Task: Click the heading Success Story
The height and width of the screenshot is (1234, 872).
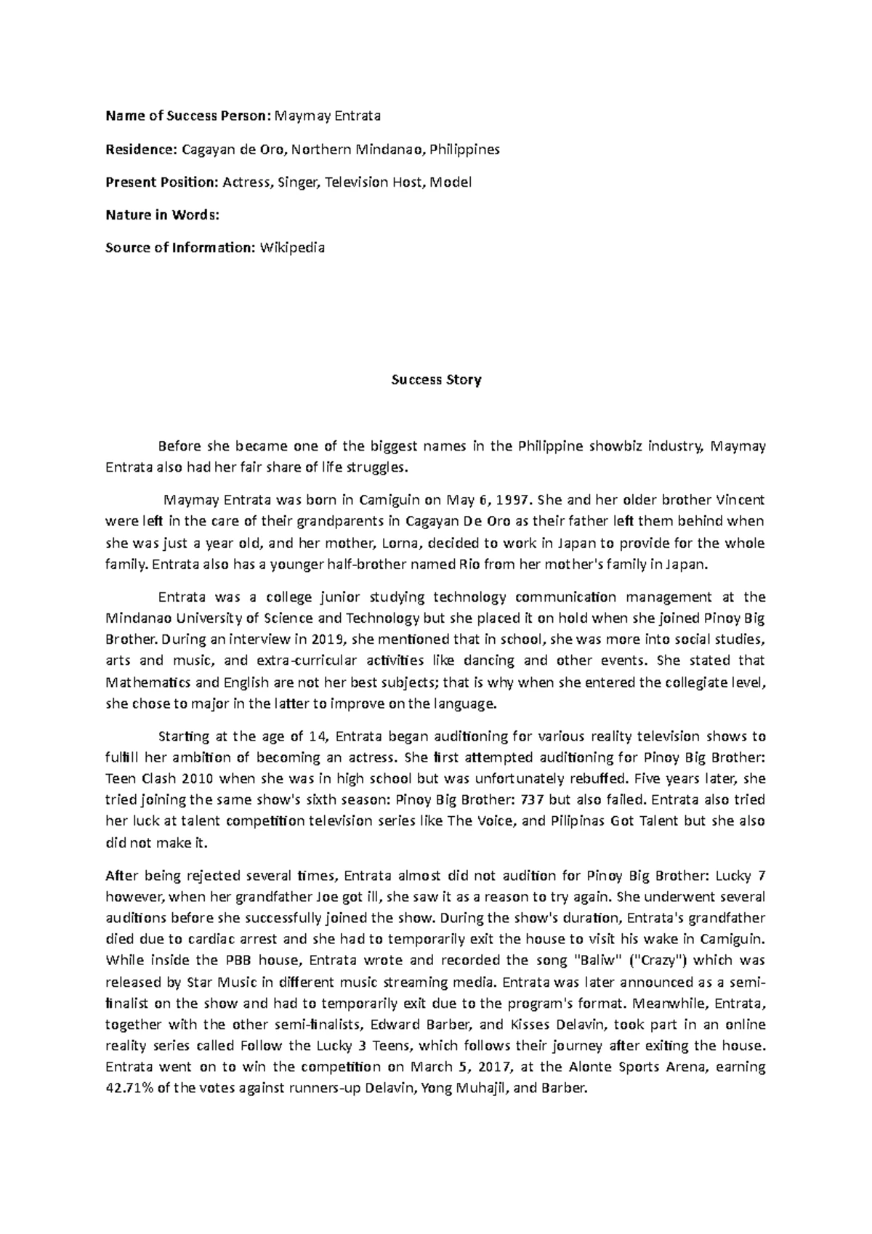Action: [436, 380]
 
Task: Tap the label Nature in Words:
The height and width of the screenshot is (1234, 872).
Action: [162, 215]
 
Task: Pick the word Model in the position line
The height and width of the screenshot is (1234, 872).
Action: [451, 182]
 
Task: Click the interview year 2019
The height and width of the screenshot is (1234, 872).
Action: [328, 640]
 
